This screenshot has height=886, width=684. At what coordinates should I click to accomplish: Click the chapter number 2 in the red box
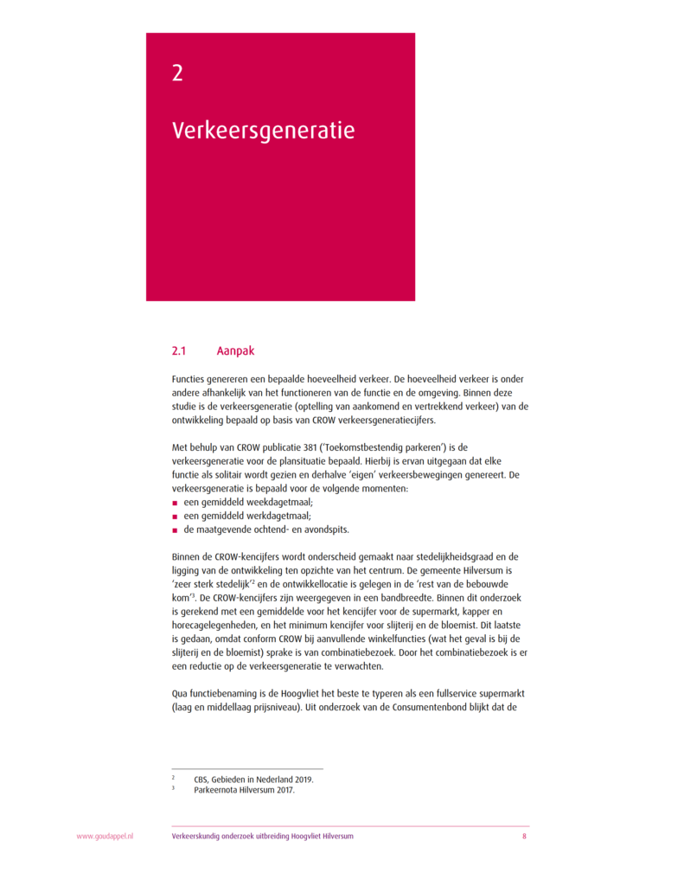click(177, 74)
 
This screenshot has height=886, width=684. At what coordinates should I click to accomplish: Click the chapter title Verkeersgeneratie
click(263, 131)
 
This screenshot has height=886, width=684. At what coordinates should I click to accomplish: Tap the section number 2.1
click(179, 351)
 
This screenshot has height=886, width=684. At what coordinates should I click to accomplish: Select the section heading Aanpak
click(236, 351)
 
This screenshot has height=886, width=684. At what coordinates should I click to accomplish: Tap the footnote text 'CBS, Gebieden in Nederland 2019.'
click(253, 779)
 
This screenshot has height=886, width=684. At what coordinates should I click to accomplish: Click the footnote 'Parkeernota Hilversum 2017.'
click(244, 789)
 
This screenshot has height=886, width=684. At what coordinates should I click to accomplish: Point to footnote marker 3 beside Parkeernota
click(174, 787)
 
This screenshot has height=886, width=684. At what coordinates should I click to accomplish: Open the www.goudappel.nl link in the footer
click(105, 837)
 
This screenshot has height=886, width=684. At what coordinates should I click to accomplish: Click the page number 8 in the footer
click(524, 837)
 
